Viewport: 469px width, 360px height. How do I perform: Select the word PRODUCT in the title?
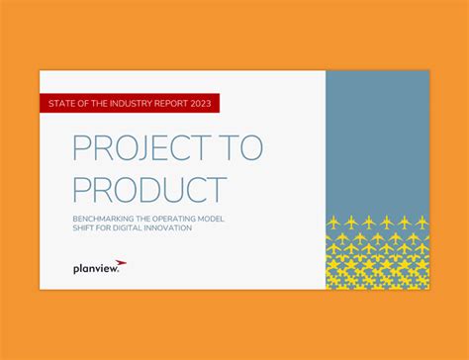click(x=149, y=189)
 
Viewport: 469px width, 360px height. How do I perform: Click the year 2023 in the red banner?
click(x=198, y=104)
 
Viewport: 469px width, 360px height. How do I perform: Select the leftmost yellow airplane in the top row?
click(x=333, y=222)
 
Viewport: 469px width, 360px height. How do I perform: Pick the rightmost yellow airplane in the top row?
click(x=420, y=222)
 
